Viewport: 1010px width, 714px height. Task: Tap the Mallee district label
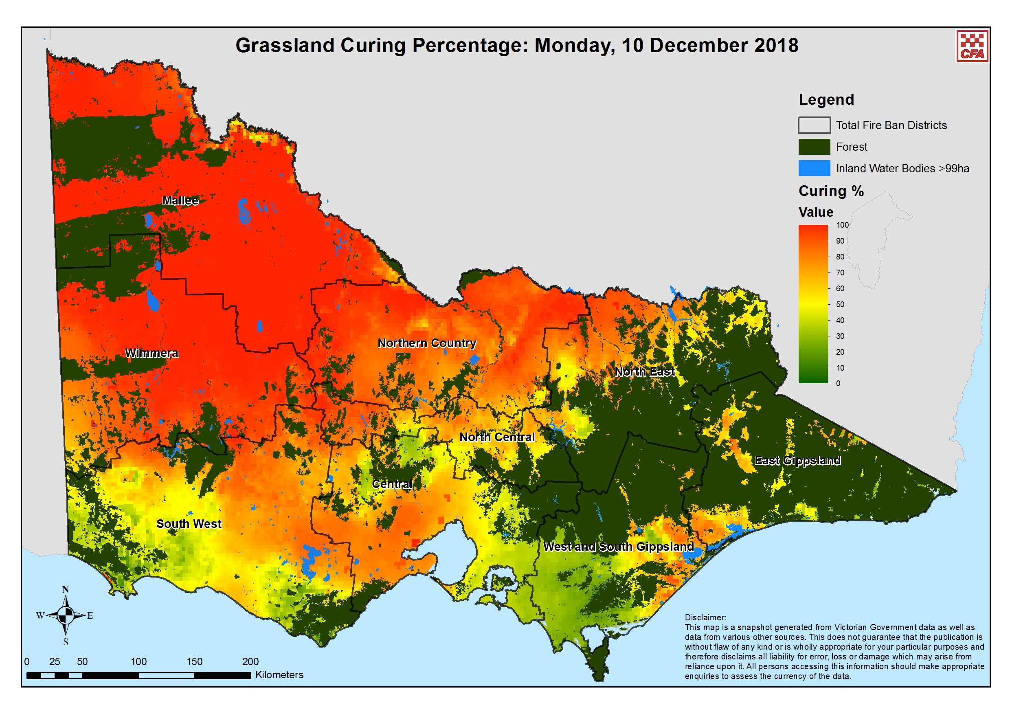[180, 201]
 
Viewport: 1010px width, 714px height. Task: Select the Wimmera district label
[152, 353]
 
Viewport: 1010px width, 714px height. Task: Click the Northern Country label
[427, 343]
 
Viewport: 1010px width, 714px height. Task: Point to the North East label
[644, 372]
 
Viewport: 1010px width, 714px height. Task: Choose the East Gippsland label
[797, 461]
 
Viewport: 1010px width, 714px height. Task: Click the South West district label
[189, 524]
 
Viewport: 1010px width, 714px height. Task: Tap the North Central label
[497, 437]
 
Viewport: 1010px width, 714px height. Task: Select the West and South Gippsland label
[619, 547]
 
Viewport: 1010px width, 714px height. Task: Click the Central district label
[392, 484]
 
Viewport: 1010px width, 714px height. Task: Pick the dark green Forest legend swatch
[814, 147]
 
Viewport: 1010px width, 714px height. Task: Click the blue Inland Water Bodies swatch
[814, 169]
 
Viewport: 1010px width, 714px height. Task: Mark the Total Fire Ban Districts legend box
[814, 125]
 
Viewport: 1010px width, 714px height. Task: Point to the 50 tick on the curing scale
[840, 304]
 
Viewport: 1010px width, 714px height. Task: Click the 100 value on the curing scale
[842, 225]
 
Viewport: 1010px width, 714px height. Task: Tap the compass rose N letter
[66, 590]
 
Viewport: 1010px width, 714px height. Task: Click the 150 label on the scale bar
[194, 661]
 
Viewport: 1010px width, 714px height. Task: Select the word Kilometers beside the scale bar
[279, 675]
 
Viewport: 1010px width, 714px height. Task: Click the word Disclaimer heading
[705, 617]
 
